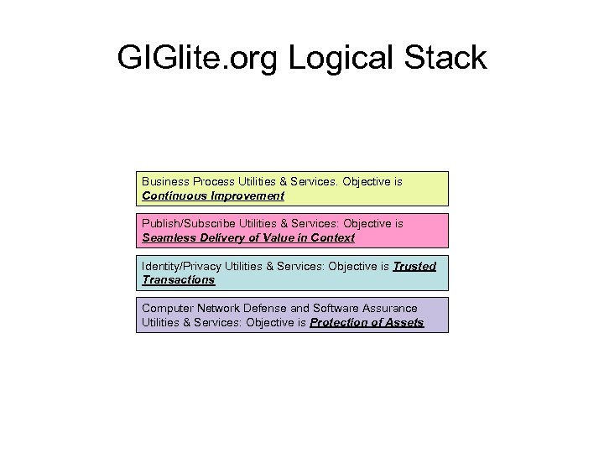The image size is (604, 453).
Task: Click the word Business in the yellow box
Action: click(165, 181)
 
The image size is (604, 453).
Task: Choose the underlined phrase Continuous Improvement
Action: click(213, 196)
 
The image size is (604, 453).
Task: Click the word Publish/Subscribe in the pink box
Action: click(189, 224)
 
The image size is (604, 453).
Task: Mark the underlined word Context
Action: click(333, 238)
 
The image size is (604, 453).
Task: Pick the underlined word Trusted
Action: click(414, 266)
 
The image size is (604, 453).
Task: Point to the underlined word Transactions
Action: click(178, 280)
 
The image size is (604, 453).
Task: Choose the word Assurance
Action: click(391, 308)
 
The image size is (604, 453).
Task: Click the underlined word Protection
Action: click(340, 322)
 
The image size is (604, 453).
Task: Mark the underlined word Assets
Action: click(404, 322)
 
